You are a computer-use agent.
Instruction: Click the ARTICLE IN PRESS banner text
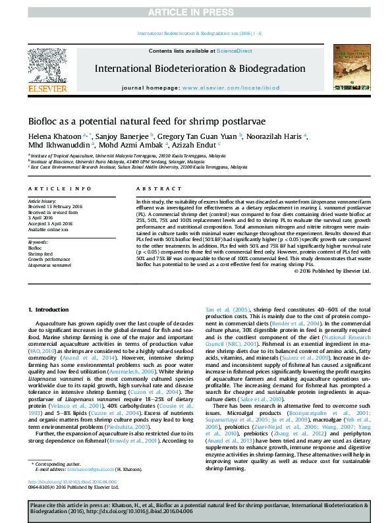click(196, 12)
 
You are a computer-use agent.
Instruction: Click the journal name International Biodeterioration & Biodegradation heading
click(200, 69)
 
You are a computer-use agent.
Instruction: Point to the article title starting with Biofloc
click(146, 122)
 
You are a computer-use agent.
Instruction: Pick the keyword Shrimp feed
click(40, 253)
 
